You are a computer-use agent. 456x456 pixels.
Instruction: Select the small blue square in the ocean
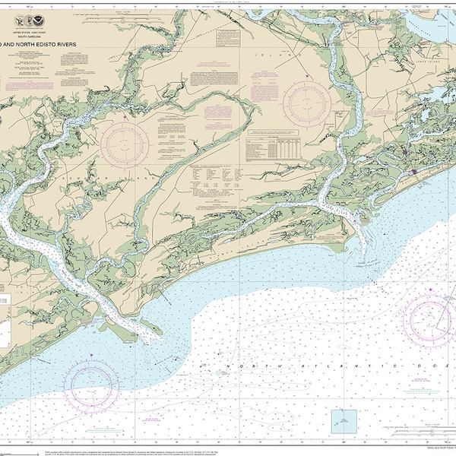(344, 420)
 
